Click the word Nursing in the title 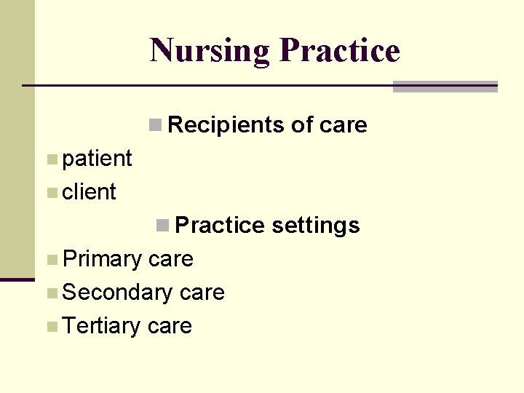[x=210, y=51]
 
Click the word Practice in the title [x=339, y=51]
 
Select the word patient [x=98, y=158]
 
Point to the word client [x=90, y=192]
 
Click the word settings [x=315, y=226]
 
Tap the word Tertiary [x=102, y=326]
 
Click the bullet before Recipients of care [x=155, y=125]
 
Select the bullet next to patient [x=51, y=159]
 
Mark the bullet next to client [x=51, y=192]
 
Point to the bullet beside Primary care [x=51, y=259]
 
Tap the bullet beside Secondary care [x=51, y=293]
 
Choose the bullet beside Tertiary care [x=51, y=326]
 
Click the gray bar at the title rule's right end [x=445, y=87]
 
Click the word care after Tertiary [x=170, y=326]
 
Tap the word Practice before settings [x=220, y=226]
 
